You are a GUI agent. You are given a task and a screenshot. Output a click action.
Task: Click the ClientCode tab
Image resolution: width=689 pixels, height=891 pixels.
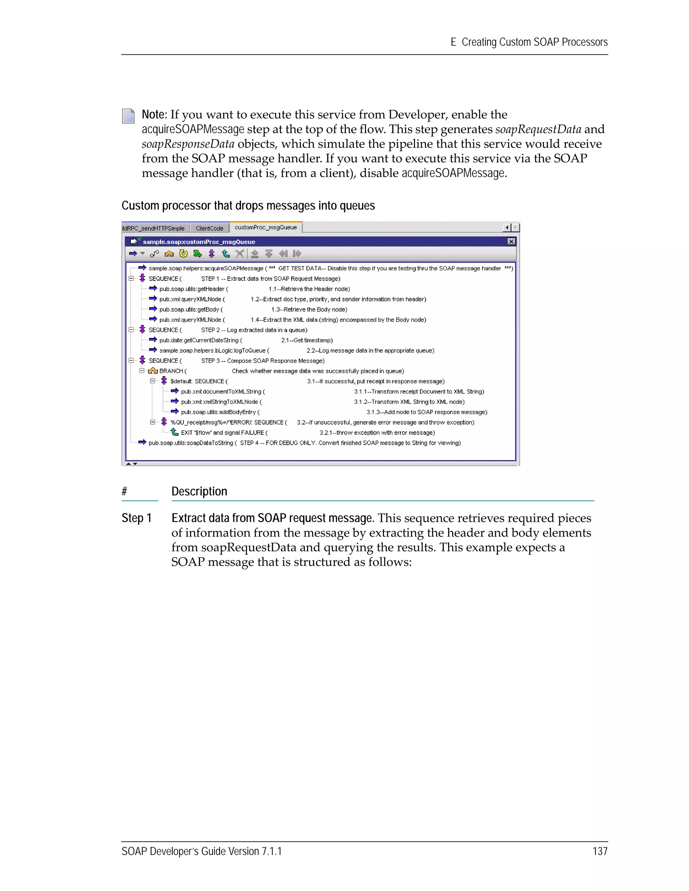click(209, 228)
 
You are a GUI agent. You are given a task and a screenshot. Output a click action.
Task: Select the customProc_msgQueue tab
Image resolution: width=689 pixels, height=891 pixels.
click(265, 228)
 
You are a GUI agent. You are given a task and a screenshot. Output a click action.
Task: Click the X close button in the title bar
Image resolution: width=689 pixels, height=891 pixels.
click(511, 241)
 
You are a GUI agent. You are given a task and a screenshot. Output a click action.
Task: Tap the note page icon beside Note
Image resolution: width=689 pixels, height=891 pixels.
click(128, 116)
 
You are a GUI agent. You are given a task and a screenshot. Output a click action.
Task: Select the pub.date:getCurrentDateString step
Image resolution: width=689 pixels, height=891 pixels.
click(199, 340)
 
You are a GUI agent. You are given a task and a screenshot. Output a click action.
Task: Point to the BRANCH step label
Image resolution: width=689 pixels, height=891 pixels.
click(171, 371)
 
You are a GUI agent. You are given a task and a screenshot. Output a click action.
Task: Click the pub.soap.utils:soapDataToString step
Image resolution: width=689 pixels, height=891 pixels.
click(191, 443)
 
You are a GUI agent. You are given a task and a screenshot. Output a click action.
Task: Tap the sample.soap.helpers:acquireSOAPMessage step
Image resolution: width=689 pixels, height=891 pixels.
click(206, 268)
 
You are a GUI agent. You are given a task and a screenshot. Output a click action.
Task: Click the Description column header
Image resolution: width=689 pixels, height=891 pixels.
click(199, 492)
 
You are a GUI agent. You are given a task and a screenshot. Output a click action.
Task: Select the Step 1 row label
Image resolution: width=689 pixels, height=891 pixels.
click(137, 518)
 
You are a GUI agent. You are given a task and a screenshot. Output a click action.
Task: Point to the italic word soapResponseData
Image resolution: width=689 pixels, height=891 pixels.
click(188, 144)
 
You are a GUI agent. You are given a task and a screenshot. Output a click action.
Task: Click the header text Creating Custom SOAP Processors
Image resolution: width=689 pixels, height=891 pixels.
click(534, 42)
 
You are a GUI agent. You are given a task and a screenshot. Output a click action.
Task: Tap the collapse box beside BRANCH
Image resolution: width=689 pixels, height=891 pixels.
click(142, 371)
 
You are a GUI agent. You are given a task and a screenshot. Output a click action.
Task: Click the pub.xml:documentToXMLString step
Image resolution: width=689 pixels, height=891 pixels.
click(221, 392)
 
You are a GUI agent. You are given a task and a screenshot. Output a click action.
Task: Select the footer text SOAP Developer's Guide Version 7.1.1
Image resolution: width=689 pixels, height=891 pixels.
click(202, 851)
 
